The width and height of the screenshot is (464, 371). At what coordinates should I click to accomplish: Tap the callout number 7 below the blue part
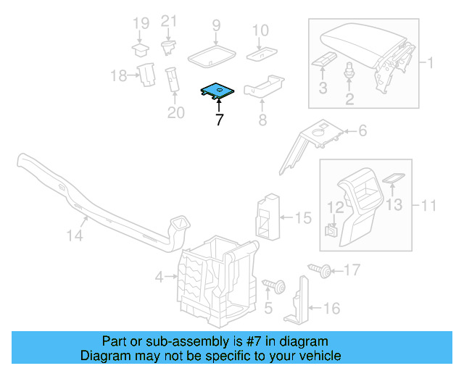point(218,120)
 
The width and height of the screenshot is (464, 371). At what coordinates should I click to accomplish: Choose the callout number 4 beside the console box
point(159,276)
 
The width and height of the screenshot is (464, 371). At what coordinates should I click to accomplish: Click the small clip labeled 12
point(330,230)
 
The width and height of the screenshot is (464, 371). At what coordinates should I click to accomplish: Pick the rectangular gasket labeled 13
point(392,178)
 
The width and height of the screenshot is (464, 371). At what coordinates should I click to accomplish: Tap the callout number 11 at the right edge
point(429,206)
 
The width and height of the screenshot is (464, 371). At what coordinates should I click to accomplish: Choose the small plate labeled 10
point(260,53)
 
